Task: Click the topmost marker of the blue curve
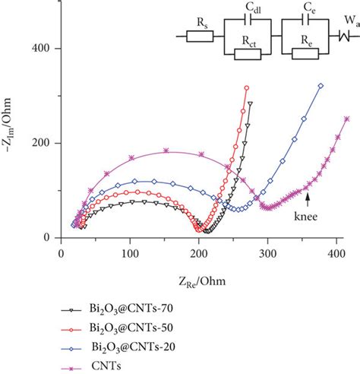coord(321,86)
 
